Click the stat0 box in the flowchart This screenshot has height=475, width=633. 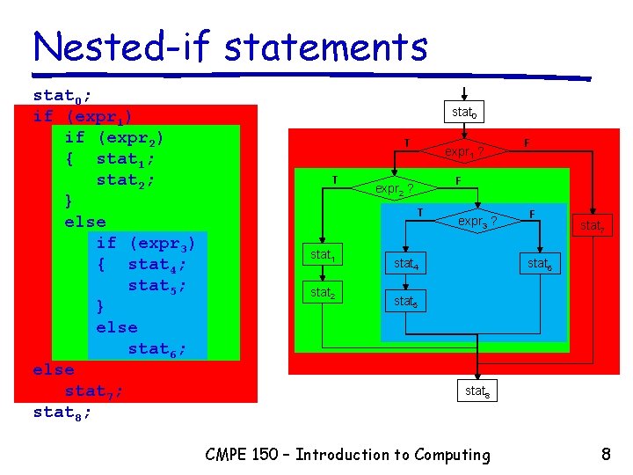(463, 113)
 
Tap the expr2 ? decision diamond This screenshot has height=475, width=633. (393, 188)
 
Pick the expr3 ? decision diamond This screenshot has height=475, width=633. (476, 221)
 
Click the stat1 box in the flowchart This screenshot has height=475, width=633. (323, 256)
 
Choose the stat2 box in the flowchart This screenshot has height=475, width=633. (323, 292)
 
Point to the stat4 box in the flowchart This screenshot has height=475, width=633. (405, 263)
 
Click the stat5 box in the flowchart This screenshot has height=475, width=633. (405, 301)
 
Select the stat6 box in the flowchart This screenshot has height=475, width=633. (539, 263)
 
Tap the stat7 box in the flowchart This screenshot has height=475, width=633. (592, 226)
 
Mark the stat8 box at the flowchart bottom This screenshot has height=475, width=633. (477, 391)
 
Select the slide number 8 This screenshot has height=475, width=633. (606, 455)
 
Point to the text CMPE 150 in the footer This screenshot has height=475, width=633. (242, 455)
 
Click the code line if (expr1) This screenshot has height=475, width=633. (83, 116)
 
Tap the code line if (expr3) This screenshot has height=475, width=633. (145, 243)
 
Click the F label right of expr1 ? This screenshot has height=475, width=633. (527, 142)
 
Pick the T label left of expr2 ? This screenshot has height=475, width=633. (334, 179)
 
